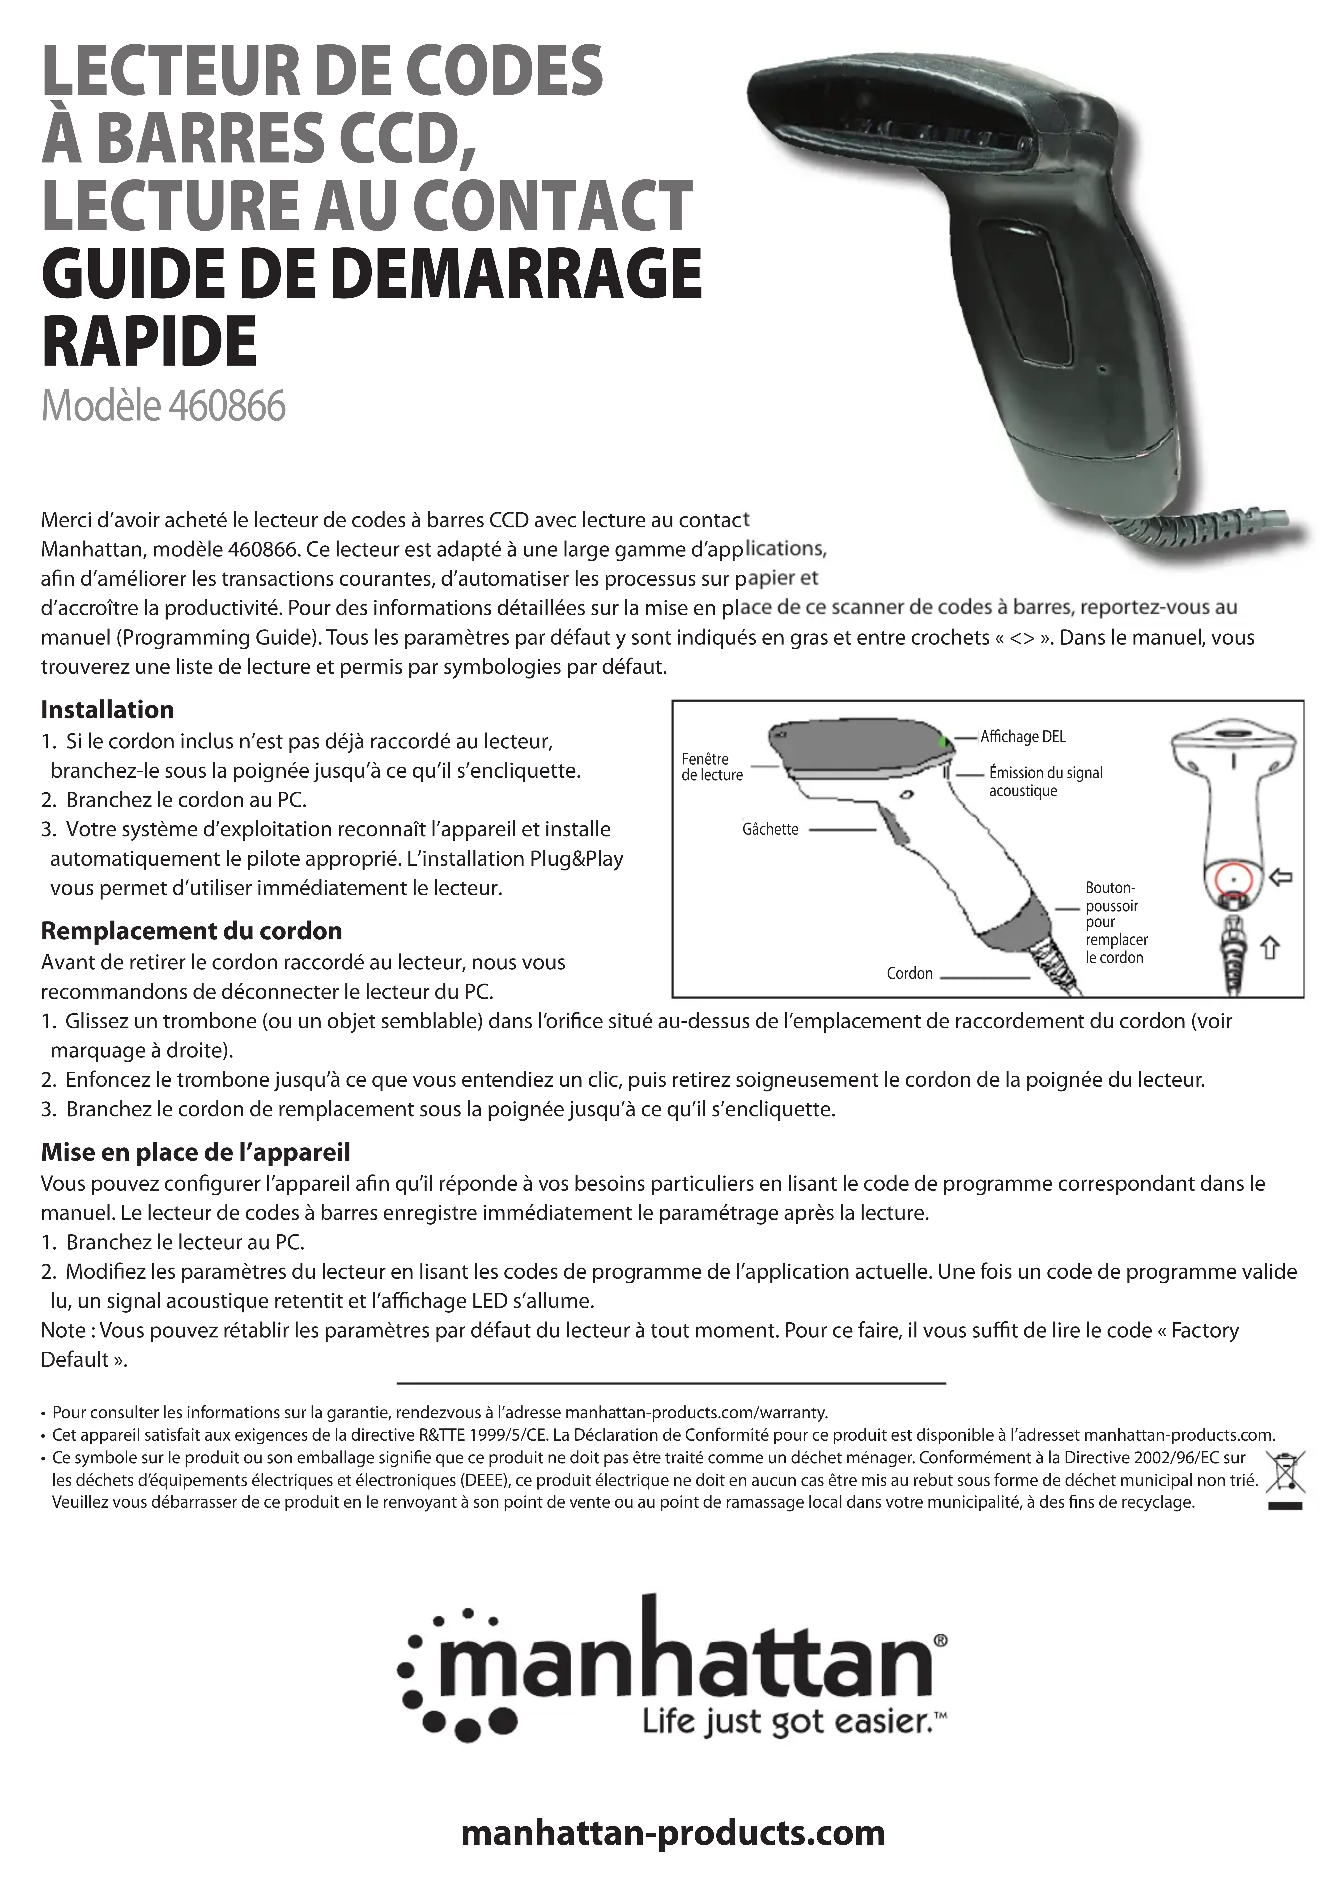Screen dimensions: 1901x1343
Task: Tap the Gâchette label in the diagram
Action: pyautogui.click(x=770, y=830)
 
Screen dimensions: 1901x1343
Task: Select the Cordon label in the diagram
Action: pyautogui.click(x=909, y=974)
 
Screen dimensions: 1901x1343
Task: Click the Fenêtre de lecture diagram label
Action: pyautogui.click(x=711, y=767)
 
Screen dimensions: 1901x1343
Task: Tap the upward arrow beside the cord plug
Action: pyautogui.click(x=1270, y=947)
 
